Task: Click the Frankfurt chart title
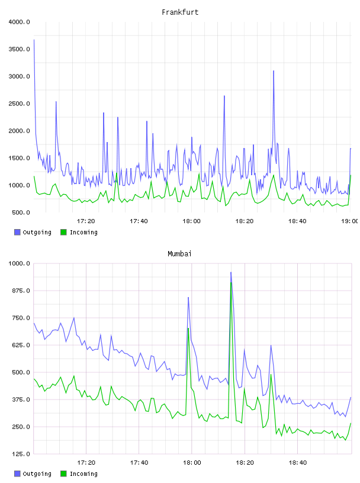180,12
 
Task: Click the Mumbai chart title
179,254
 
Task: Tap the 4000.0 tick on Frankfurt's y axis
20,22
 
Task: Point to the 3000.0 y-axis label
20,76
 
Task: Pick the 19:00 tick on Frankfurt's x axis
349,221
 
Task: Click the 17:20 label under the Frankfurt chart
86,221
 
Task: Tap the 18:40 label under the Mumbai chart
298,463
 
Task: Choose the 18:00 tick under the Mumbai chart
192,463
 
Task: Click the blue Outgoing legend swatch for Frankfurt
17,232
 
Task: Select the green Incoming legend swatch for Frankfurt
63,232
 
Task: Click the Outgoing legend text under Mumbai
37,474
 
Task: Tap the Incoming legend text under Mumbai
83,474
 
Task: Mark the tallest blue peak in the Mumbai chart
231,272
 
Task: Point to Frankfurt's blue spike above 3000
274,71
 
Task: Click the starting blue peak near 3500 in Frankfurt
34,40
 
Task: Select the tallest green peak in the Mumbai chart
231,282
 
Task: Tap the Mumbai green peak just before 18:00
188,329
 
